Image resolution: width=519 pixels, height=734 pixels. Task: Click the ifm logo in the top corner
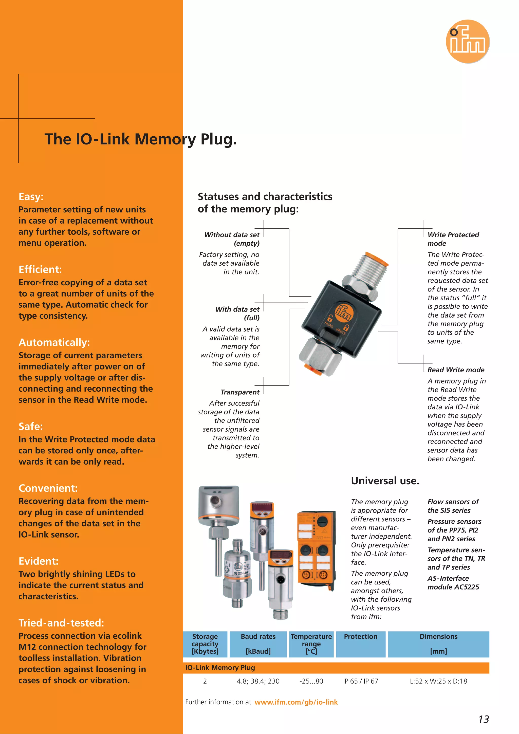(468, 42)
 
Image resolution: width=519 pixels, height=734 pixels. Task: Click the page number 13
(484, 719)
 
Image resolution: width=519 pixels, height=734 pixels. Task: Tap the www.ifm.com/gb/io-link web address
(296, 702)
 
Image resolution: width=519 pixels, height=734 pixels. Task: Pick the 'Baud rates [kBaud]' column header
(258, 644)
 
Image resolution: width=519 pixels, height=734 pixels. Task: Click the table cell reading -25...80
(311, 681)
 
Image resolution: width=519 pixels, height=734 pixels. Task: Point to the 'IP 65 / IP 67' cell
(361, 681)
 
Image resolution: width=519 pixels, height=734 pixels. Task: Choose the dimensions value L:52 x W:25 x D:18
(438, 681)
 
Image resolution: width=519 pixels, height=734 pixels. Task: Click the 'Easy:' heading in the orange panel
(31, 196)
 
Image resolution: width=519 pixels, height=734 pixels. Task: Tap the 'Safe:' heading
(31, 426)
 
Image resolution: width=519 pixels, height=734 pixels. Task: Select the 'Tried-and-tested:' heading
(61, 623)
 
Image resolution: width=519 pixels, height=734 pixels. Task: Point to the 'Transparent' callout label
(240, 392)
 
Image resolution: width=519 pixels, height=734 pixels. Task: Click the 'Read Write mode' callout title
(456, 370)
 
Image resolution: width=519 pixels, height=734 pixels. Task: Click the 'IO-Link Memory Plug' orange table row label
(220, 668)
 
